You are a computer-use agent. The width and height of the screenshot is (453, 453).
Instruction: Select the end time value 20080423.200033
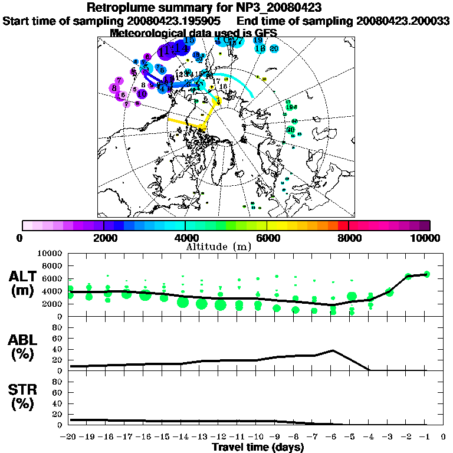point(403,21)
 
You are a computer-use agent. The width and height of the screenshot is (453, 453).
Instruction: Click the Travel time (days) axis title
point(258,448)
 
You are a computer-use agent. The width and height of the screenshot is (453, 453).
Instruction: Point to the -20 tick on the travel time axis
point(70,437)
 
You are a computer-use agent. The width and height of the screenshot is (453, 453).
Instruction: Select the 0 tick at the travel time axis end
point(443,437)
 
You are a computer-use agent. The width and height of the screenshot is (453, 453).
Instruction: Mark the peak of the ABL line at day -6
point(333,350)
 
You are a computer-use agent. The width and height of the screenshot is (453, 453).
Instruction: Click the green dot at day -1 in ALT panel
point(426,274)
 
